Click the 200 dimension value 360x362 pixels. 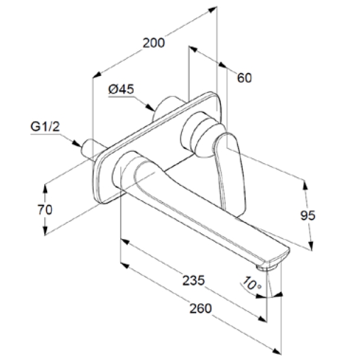[154, 43]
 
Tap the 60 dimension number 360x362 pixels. [245, 78]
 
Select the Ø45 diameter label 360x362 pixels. [121, 89]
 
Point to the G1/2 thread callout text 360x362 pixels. [45, 127]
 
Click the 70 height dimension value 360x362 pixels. [45, 210]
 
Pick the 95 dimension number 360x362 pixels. [308, 215]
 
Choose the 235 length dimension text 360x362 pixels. [194, 280]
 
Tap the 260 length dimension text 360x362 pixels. [200, 308]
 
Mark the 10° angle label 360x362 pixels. [252, 283]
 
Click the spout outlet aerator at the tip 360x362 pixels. [266, 267]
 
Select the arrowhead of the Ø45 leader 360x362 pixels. [150, 107]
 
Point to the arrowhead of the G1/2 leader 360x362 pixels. [77, 143]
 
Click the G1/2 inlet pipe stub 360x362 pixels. [93, 149]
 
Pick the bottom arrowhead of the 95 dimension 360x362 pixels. [311, 246]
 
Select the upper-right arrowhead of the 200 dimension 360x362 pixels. [212, 9]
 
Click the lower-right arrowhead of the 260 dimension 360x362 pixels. [276, 351]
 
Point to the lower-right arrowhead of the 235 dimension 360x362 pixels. [263, 319]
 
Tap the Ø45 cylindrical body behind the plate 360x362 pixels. [167, 107]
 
